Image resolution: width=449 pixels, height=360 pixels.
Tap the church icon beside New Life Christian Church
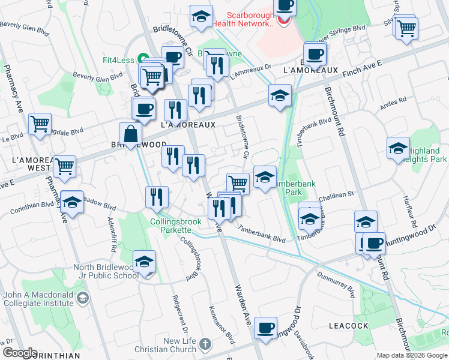tap(206, 344)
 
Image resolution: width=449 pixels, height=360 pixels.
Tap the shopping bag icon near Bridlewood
tap(130, 134)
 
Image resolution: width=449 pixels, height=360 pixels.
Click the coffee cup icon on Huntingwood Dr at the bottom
tap(265, 328)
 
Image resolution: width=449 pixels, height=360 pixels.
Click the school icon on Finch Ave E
tap(280, 95)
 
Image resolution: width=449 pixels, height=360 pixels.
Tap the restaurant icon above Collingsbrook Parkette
tap(157, 197)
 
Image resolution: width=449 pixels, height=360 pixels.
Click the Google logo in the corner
tap(19, 353)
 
